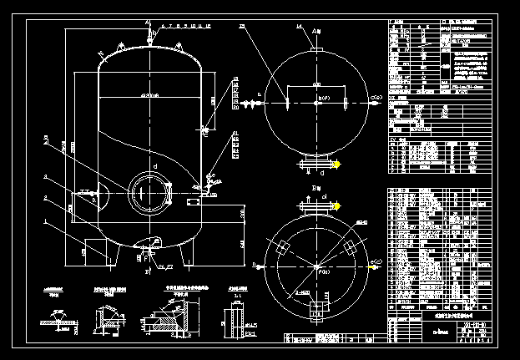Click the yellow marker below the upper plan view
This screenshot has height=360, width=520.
click(337, 164)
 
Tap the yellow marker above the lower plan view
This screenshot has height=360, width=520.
click(337, 205)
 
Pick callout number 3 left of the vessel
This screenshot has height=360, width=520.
click(46, 177)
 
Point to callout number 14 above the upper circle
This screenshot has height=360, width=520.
click(298, 28)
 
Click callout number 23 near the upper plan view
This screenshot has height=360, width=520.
click(242, 28)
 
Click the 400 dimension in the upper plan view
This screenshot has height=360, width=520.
click(316, 85)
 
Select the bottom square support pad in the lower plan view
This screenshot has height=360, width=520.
click(317, 311)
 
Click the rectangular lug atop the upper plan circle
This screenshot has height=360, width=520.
click(316, 51)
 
